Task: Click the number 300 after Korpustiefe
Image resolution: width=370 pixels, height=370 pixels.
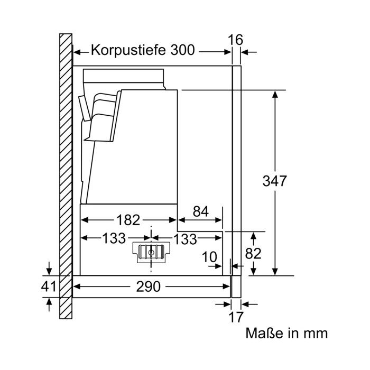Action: pyautogui.click(x=183, y=50)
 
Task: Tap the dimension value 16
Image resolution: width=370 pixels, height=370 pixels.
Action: pyautogui.click(x=235, y=40)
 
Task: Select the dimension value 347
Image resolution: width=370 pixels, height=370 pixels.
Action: pyautogui.click(x=274, y=181)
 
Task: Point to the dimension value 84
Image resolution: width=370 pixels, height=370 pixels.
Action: pyautogui.click(x=200, y=211)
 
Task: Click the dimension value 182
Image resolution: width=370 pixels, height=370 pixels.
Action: pyautogui.click(x=128, y=220)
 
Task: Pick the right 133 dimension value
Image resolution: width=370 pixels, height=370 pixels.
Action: pyautogui.click(x=185, y=239)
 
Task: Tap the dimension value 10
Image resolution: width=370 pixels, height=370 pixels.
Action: pyautogui.click(x=209, y=257)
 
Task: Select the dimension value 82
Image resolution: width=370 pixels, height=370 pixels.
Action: pyautogui.click(x=253, y=254)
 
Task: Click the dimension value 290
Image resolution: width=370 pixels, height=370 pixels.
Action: pyautogui.click(x=148, y=286)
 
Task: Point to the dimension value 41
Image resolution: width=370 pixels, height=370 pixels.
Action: pyautogui.click(x=49, y=286)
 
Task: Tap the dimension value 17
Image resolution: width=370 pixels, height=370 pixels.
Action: pyautogui.click(x=236, y=317)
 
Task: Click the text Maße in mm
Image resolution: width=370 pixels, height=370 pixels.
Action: pyautogui.click(x=286, y=334)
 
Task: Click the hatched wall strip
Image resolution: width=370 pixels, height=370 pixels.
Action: pyautogui.click(x=66, y=176)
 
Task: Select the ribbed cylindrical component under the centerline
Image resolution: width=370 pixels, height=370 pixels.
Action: pyautogui.click(x=151, y=253)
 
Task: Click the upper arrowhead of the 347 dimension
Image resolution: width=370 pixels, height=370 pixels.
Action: pyautogui.click(x=275, y=95)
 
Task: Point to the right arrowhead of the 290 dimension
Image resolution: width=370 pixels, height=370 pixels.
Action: pyautogui.click(x=226, y=286)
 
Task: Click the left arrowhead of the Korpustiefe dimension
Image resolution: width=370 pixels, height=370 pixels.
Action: pyautogui.click(x=78, y=52)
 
